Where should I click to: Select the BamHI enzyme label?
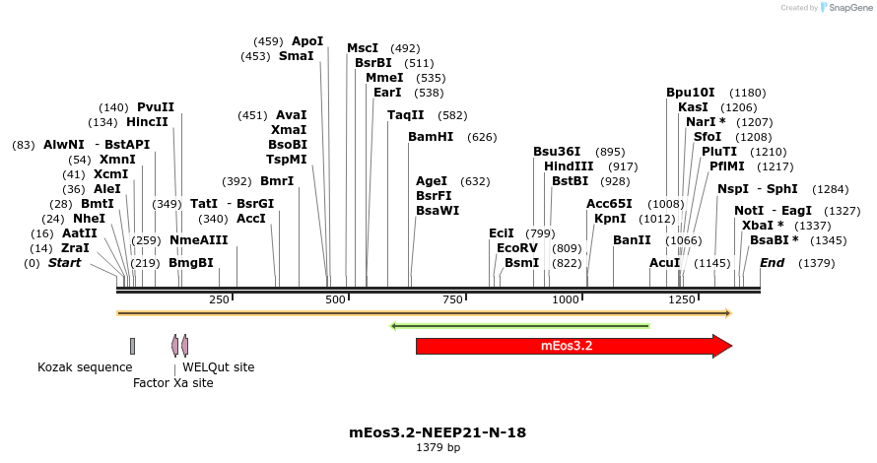[431, 137]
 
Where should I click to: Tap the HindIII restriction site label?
[569, 166]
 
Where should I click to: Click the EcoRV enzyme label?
[517, 248]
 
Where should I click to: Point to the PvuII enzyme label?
[156, 107]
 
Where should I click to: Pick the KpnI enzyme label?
[610, 219]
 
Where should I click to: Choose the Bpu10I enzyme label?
[691, 93]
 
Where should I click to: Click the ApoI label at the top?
[307, 41]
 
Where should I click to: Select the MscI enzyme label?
[363, 48]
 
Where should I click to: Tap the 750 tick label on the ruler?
[452, 299]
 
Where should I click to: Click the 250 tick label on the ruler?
[219, 299]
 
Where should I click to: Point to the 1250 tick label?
[682, 299]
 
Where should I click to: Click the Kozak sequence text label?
[85, 367]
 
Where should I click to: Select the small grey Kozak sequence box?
[132, 346]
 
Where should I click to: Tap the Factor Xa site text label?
[172, 383]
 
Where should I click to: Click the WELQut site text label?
[218, 367]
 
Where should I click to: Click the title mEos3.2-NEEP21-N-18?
[438, 431]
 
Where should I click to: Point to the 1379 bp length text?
[438, 448]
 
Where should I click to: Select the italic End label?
[772, 263]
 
